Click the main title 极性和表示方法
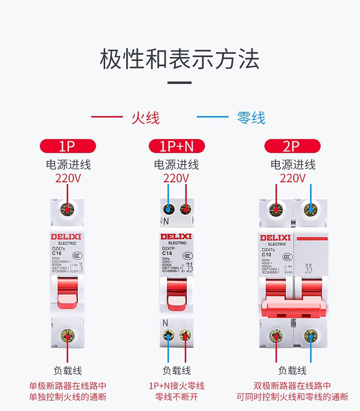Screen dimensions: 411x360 click(x=180, y=59)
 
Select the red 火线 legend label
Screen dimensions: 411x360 click(x=145, y=117)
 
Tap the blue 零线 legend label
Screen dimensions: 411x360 click(x=251, y=117)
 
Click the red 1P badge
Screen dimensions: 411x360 click(x=68, y=146)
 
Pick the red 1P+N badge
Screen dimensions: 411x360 click(x=177, y=146)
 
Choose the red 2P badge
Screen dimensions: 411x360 click(x=292, y=146)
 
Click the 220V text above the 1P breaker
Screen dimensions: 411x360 click(x=68, y=178)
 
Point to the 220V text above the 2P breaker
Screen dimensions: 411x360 click(x=292, y=178)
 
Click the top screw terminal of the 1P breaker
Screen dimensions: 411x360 click(x=67, y=210)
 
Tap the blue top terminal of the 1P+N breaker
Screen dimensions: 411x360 click(x=168, y=209)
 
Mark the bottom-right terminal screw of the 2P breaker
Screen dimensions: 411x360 click(x=311, y=335)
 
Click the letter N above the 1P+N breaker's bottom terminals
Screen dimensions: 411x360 click(x=165, y=322)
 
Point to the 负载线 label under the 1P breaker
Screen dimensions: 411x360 click(x=68, y=370)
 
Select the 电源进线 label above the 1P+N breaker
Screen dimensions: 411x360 click(x=176, y=164)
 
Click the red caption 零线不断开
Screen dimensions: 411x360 click(x=176, y=397)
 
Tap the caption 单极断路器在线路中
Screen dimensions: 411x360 click(x=68, y=386)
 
